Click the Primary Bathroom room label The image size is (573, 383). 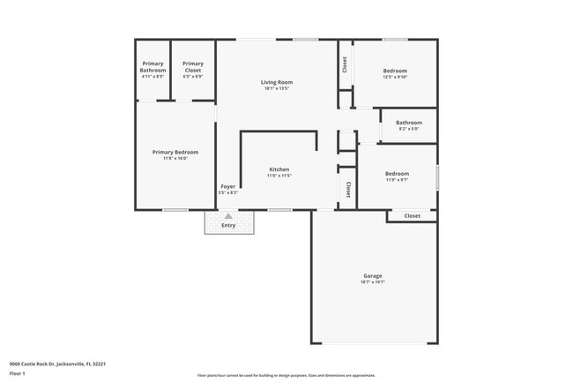point(153,66)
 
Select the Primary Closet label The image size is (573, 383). point(192,64)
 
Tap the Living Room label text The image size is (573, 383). point(277,82)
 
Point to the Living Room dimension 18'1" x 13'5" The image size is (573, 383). point(277,88)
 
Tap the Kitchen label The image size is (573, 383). point(279,169)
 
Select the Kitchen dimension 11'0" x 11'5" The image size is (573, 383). point(279,176)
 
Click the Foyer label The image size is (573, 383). point(227,186)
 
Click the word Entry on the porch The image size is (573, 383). point(228,225)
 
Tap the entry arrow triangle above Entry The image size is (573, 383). point(228,215)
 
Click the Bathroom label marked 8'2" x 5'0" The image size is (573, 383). point(408,123)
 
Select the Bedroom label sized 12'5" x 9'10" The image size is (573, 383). point(395,71)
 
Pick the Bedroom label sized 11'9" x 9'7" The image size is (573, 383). point(397,174)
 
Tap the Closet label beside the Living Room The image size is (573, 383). point(345,64)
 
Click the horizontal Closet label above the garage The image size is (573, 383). point(412,216)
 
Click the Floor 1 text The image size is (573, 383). point(17,373)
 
